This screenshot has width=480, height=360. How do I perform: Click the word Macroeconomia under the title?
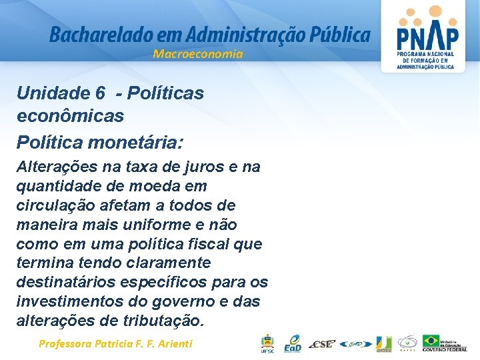(198, 54)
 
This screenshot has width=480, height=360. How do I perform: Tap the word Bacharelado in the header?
(91, 35)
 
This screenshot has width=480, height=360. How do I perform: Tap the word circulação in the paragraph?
(53, 205)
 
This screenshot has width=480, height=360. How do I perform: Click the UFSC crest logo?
(267, 343)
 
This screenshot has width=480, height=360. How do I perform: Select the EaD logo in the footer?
(293, 343)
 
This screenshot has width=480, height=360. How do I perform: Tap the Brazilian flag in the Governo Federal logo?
(431, 341)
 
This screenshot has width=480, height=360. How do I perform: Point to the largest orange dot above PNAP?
(435, 11)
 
